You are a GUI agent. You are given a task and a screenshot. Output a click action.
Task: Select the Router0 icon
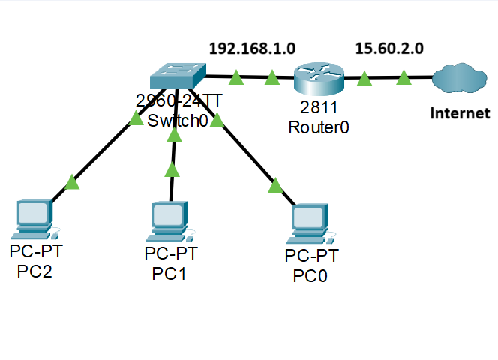tap(318, 76)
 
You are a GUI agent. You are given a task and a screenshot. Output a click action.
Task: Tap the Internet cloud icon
tap(460, 76)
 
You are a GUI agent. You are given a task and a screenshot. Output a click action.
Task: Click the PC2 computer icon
tap(34, 218)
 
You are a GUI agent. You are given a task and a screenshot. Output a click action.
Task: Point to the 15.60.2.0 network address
tap(388, 49)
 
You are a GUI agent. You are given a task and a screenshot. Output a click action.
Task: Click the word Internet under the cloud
tap(460, 114)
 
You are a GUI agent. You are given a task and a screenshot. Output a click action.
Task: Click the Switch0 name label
tap(178, 120)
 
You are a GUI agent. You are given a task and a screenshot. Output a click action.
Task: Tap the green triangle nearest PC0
tap(274, 184)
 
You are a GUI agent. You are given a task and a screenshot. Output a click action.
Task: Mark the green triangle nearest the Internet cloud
tap(403, 76)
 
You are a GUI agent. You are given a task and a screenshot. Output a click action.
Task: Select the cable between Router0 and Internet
tap(384, 77)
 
